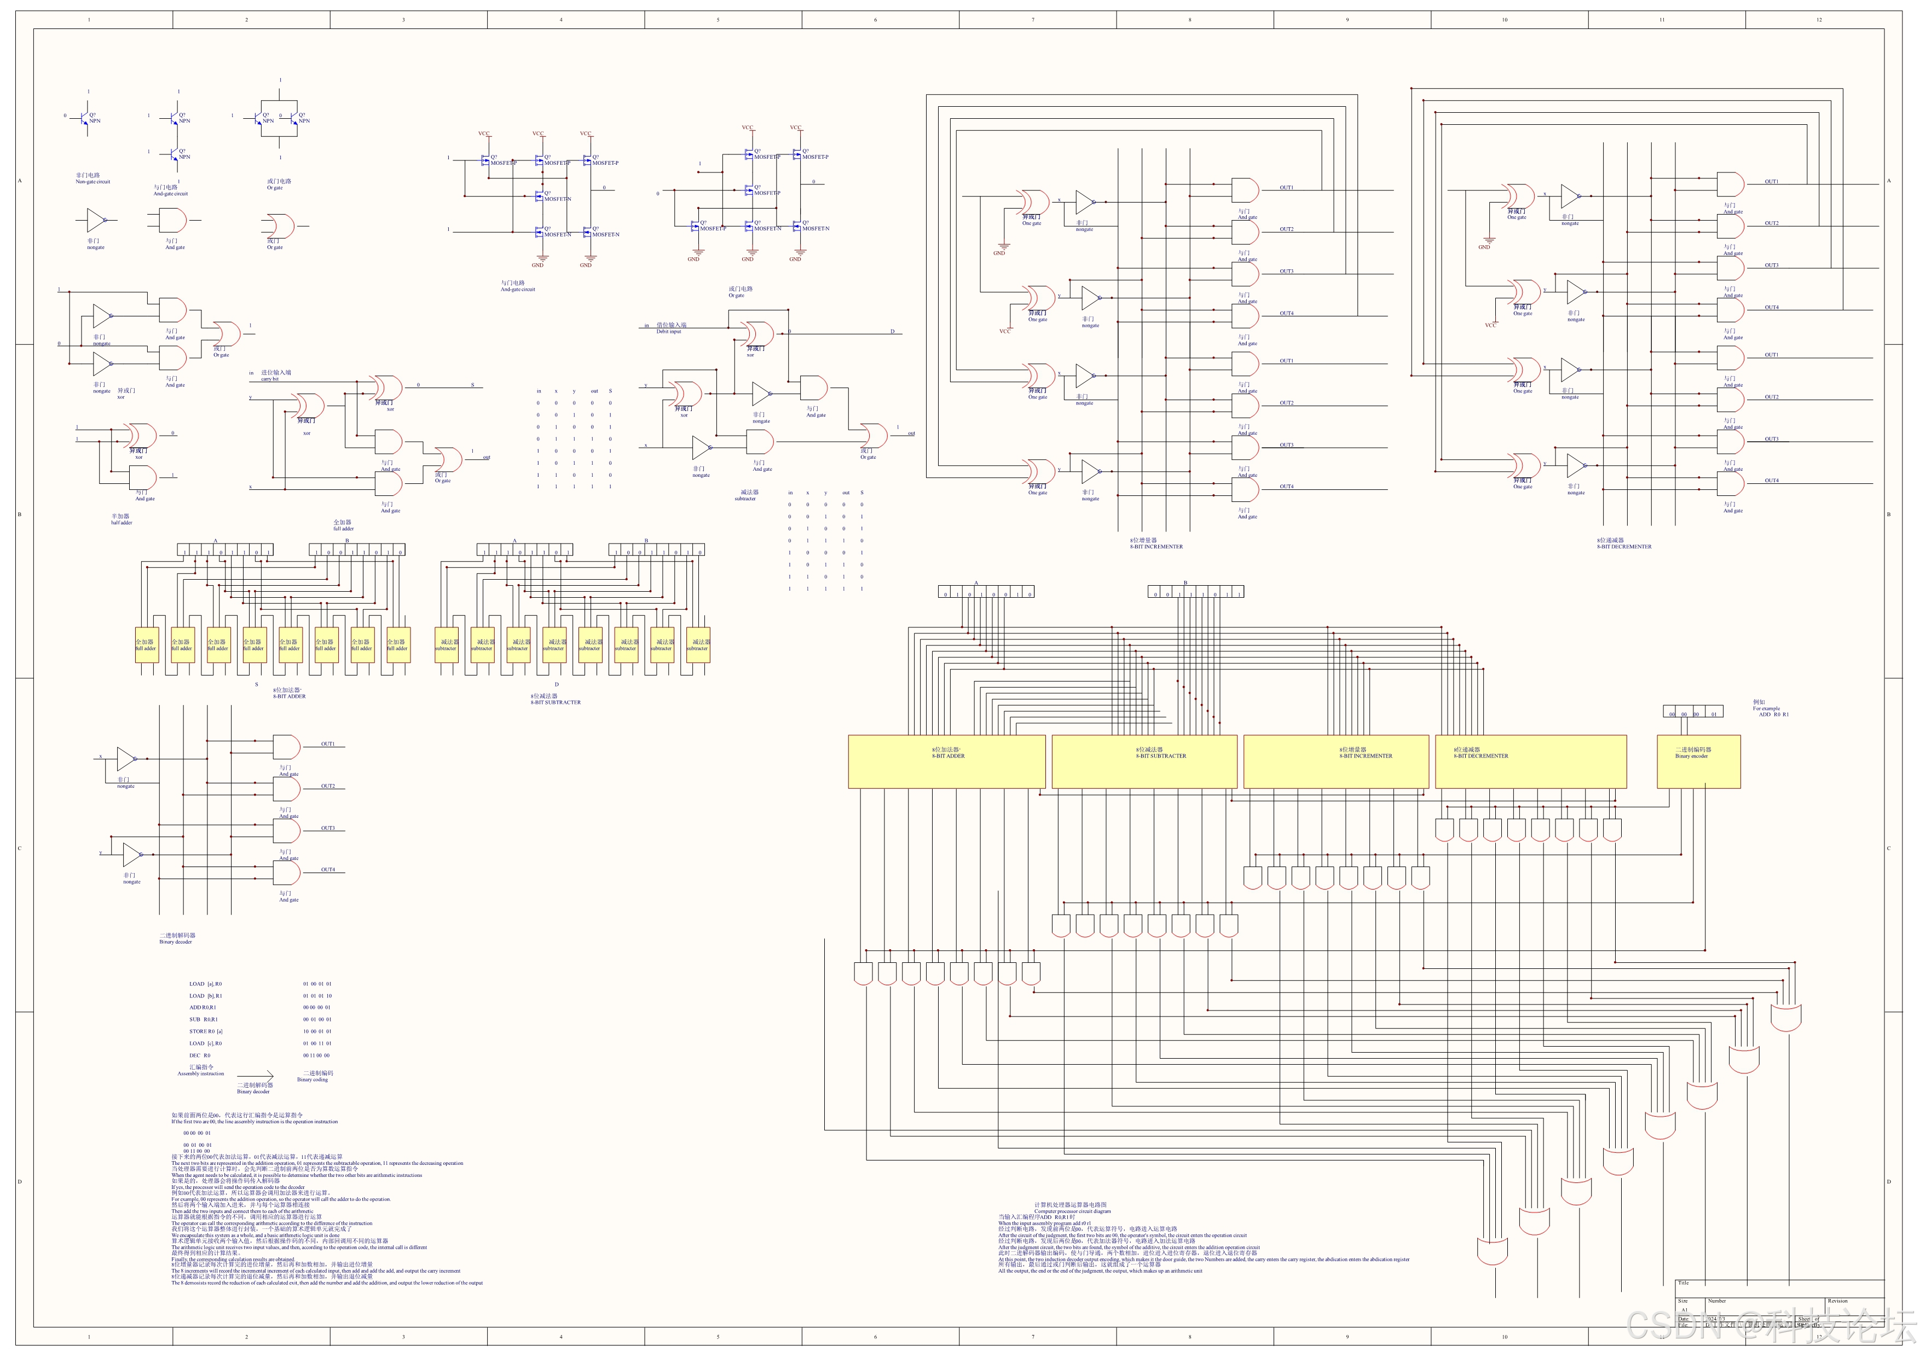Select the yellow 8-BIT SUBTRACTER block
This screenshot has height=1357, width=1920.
tap(1144, 761)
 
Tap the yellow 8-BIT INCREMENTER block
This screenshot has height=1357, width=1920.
tap(1335, 761)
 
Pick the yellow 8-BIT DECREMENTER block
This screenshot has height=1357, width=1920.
tap(1530, 761)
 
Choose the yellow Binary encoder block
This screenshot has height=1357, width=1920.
tap(1698, 761)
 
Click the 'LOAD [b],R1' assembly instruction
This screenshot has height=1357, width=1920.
tap(206, 996)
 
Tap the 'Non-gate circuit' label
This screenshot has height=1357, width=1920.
tap(93, 181)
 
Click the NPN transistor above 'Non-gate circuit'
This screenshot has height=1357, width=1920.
tap(86, 119)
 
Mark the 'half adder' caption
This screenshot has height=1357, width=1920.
tap(122, 523)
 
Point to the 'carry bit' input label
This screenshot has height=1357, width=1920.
tap(269, 379)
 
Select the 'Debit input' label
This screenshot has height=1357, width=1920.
tap(668, 332)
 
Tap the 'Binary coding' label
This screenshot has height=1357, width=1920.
tap(313, 1079)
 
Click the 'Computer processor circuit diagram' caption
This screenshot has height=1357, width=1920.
tap(1072, 1211)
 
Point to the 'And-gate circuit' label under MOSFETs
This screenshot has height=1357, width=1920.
tap(518, 289)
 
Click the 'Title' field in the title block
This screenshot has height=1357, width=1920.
tap(1684, 1283)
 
